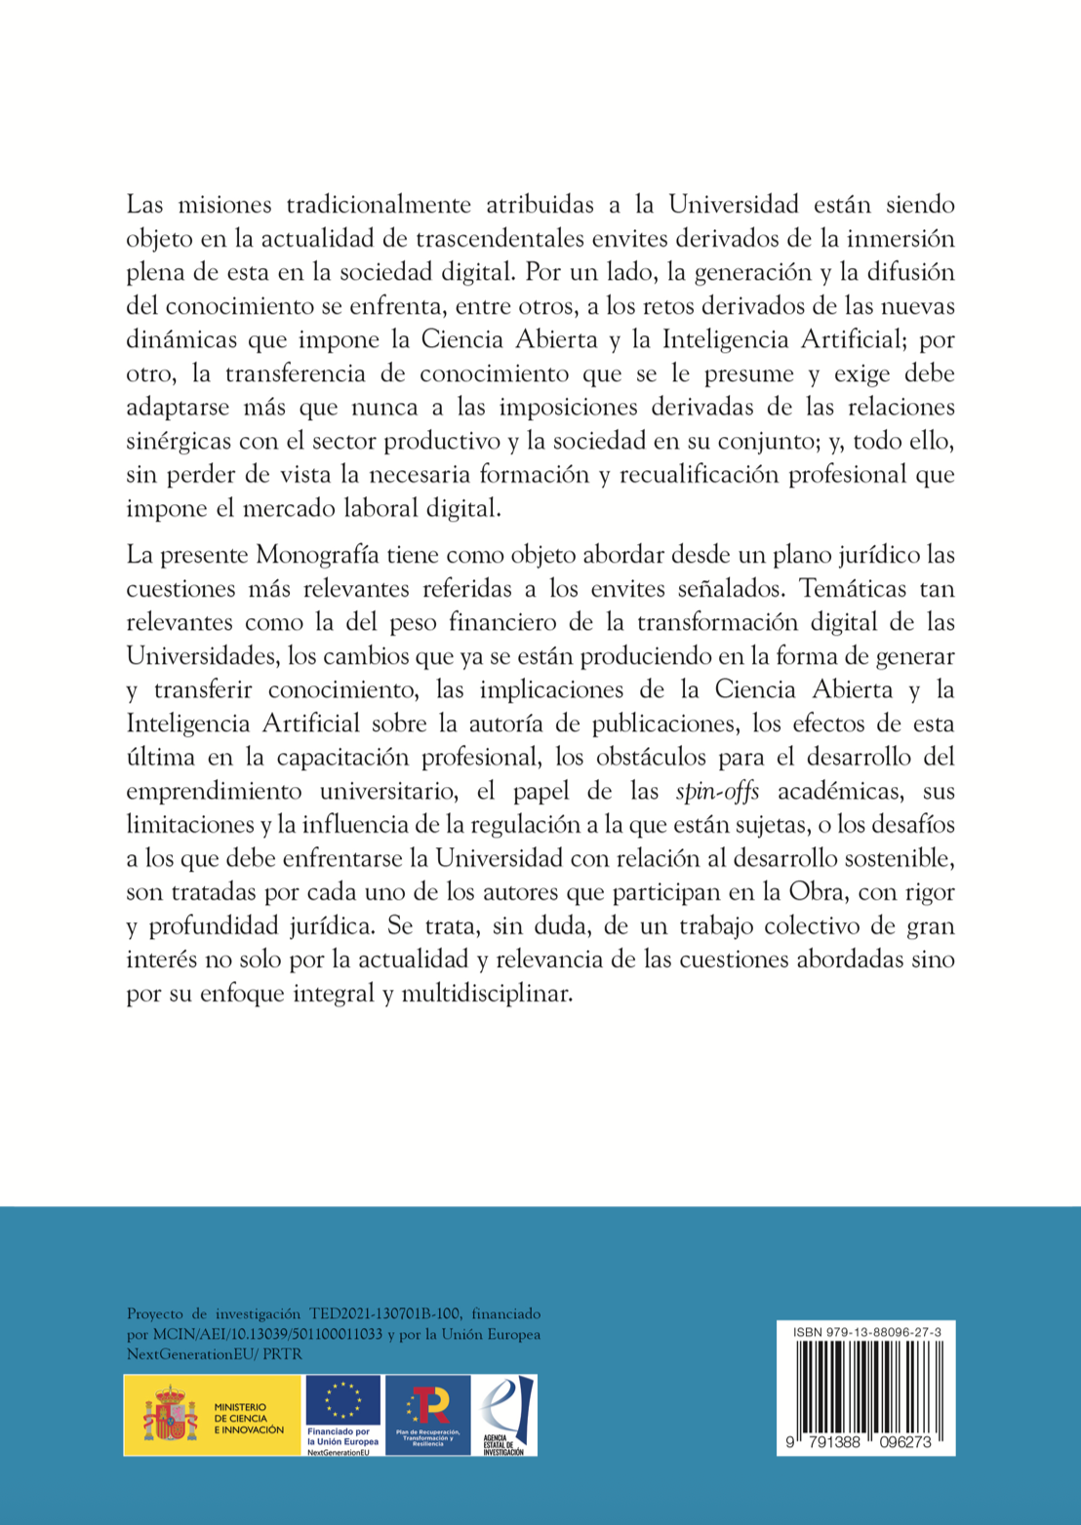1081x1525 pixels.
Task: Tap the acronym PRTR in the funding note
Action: [283, 1353]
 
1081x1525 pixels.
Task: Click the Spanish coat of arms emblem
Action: [171, 1415]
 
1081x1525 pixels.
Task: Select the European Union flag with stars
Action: [342, 1401]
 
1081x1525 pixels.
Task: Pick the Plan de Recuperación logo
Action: [428, 1415]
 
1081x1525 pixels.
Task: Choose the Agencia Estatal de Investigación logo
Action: [504, 1415]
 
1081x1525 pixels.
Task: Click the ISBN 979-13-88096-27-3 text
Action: [861, 1332]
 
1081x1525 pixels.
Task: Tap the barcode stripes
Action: [866, 1387]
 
